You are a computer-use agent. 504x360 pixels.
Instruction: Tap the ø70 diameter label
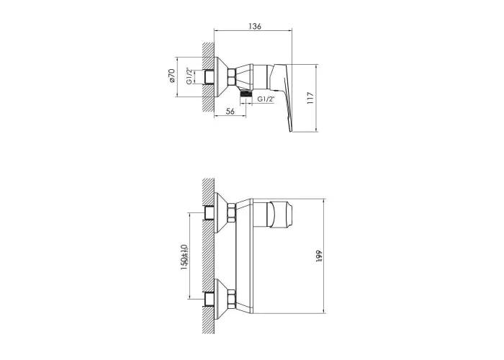coord(171,76)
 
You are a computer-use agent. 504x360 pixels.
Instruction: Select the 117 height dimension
coord(310,98)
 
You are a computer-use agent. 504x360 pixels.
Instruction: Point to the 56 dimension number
coord(230,111)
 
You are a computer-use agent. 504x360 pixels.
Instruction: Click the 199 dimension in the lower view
coord(319,256)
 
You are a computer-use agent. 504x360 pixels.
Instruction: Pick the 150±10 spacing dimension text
coord(184,256)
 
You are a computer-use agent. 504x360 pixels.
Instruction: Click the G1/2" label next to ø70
coord(189,76)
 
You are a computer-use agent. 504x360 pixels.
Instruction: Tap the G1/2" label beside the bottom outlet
coord(266,99)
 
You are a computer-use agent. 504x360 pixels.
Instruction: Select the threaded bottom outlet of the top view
coord(246,94)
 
